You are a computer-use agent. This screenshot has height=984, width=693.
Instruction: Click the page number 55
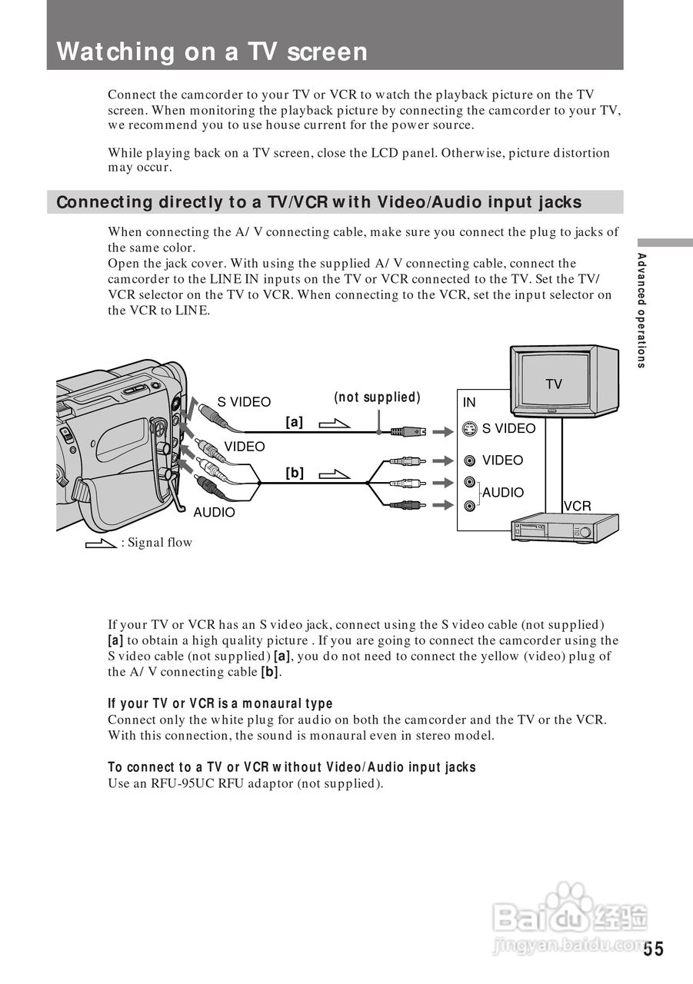[x=653, y=949]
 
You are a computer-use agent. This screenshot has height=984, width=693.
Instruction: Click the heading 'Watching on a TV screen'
[x=212, y=52]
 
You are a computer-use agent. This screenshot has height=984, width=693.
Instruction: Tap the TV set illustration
[x=565, y=381]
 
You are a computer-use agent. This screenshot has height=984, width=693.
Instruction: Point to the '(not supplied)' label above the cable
[x=377, y=397]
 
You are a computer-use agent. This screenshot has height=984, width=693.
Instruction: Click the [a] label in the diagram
[x=295, y=422]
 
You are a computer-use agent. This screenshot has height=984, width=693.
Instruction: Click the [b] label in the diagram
[x=295, y=474]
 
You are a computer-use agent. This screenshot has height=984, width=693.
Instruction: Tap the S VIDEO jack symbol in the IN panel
[x=470, y=429]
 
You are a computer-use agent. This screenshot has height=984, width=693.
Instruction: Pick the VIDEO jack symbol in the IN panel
[x=470, y=460]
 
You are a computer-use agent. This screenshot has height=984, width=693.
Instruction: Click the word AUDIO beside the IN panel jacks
[x=503, y=493]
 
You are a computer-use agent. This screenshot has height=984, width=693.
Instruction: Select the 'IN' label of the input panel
[x=469, y=402]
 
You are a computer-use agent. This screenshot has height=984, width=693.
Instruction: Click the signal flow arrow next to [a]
[x=334, y=424]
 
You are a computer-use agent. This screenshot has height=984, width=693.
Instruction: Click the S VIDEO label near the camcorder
[x=244, y=402]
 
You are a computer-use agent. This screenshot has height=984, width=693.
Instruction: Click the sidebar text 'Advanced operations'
[x=641, y=310]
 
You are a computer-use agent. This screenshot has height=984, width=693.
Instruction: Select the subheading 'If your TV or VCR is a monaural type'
[x=221, y=703]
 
